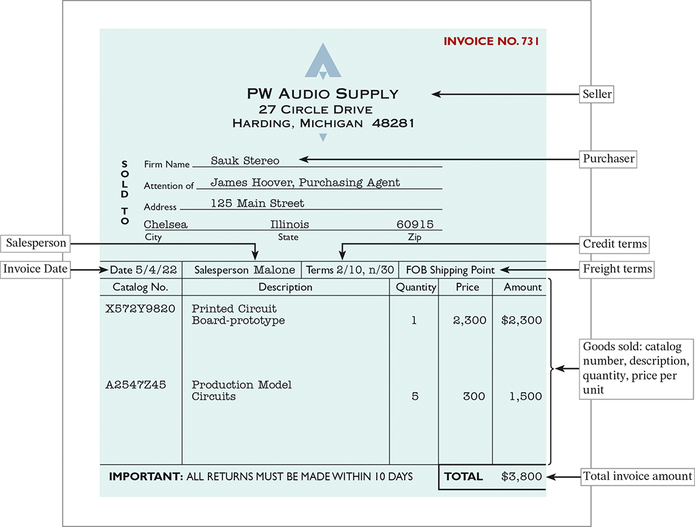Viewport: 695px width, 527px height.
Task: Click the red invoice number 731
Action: (x=491, y=42)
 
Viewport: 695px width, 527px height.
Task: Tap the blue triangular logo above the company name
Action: (x=323, y=62)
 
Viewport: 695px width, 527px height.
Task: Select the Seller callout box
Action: (x=597, y=94)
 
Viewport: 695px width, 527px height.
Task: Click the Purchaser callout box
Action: (x=608, y=160)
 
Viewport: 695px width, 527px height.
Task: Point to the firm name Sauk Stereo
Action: (x=245, y=161)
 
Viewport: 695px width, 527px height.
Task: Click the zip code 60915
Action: (x=415, y=224)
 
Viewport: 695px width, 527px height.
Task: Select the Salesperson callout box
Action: (x=37, y=243)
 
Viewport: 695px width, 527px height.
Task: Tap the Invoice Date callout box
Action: (x=36, y=269)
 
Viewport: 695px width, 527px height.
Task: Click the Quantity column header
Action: (x=416, y=287)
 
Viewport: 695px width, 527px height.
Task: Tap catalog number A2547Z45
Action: (x=136, y=385)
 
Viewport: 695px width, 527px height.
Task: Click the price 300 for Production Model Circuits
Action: (x=474, y=396)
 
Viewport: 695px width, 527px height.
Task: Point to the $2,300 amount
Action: (x=521, y=320)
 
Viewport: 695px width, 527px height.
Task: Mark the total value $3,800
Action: (x=521, y=477)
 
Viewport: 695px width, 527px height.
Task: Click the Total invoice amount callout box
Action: (x=637, y=477)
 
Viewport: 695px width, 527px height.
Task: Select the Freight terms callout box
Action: (x=617, y=269)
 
